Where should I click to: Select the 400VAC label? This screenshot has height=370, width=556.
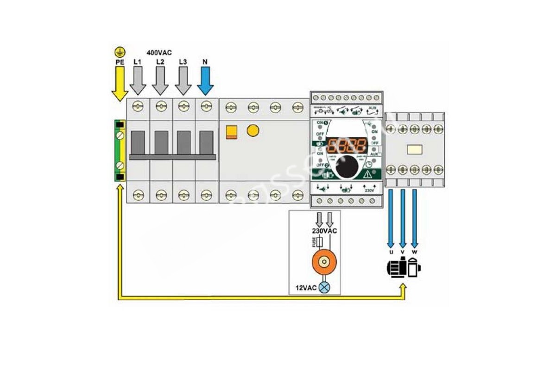pyautogui.click(x=159, y=53)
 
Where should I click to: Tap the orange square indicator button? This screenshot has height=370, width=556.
pyautogui.click(x=231, y=132)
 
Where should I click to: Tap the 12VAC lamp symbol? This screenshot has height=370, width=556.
pyautogui.click(x=324, y=288)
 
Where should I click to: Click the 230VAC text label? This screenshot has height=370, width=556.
pyautogui.click(x=324, y=230)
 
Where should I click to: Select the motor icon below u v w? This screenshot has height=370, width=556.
pyautogui.click(x=404, y=268)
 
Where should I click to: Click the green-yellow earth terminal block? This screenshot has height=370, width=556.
pyautogui.click(x=120, y=151)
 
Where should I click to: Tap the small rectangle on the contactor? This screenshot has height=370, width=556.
pyautogui.click(x=414, y=150)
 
